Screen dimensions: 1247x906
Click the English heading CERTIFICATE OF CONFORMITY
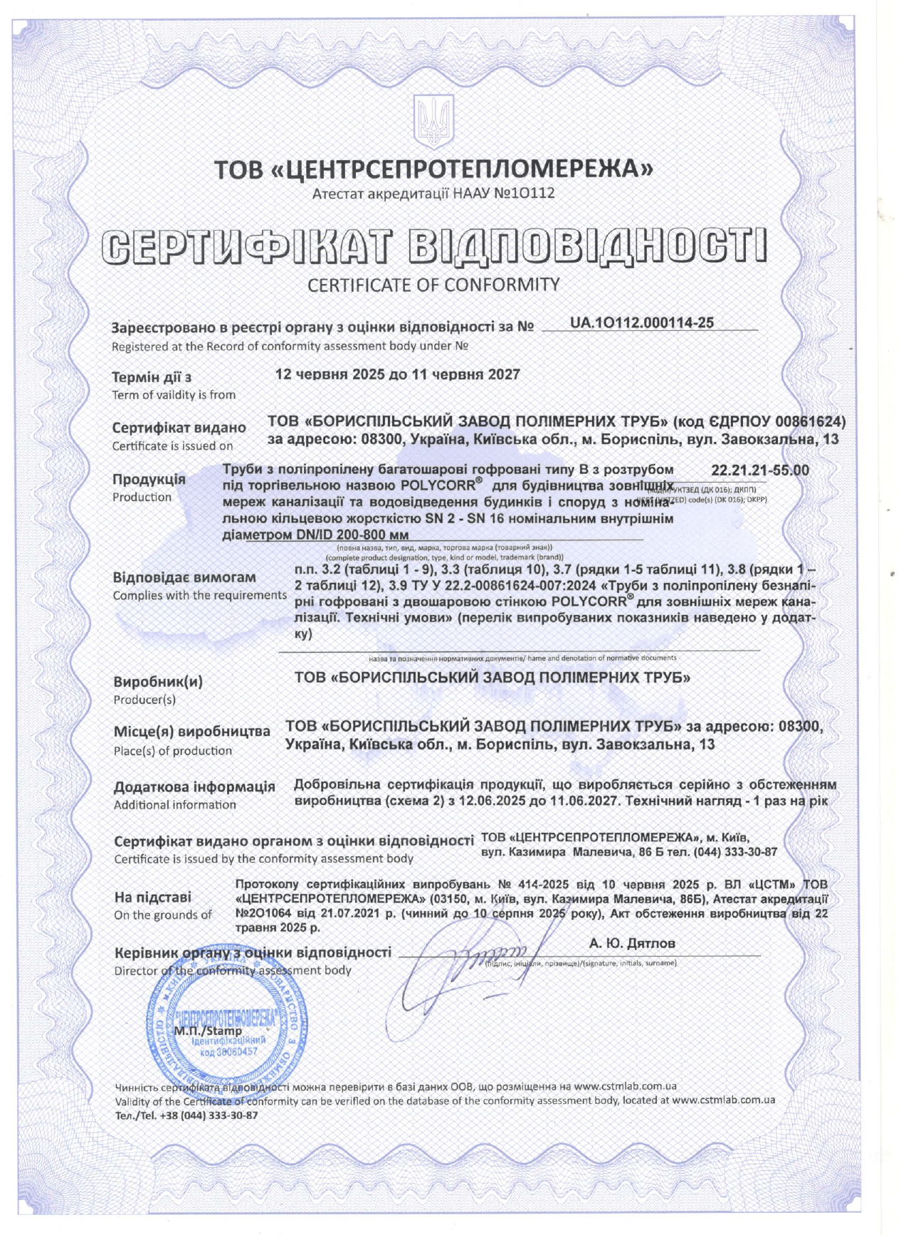point(433,285)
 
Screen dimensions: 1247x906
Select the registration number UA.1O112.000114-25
point(641,322)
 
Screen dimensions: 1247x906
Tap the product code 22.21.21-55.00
point(759,470)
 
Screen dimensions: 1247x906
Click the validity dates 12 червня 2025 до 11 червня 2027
point(397,374)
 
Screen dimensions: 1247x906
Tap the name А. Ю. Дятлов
point(632,943)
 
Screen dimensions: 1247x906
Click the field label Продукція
point(149,479)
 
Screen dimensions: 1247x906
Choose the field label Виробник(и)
point(158,682)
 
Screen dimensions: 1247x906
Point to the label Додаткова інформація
point(194,786)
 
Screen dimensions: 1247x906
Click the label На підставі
point(152,897)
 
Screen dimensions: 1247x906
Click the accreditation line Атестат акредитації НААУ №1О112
point(433,193)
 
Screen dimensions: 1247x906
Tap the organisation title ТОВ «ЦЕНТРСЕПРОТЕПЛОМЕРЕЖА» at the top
point(433,169)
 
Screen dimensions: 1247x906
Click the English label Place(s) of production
point(173,751)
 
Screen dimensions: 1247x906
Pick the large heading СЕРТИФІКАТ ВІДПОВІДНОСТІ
point(433,246)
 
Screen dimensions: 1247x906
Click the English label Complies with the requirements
point(200,595)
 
